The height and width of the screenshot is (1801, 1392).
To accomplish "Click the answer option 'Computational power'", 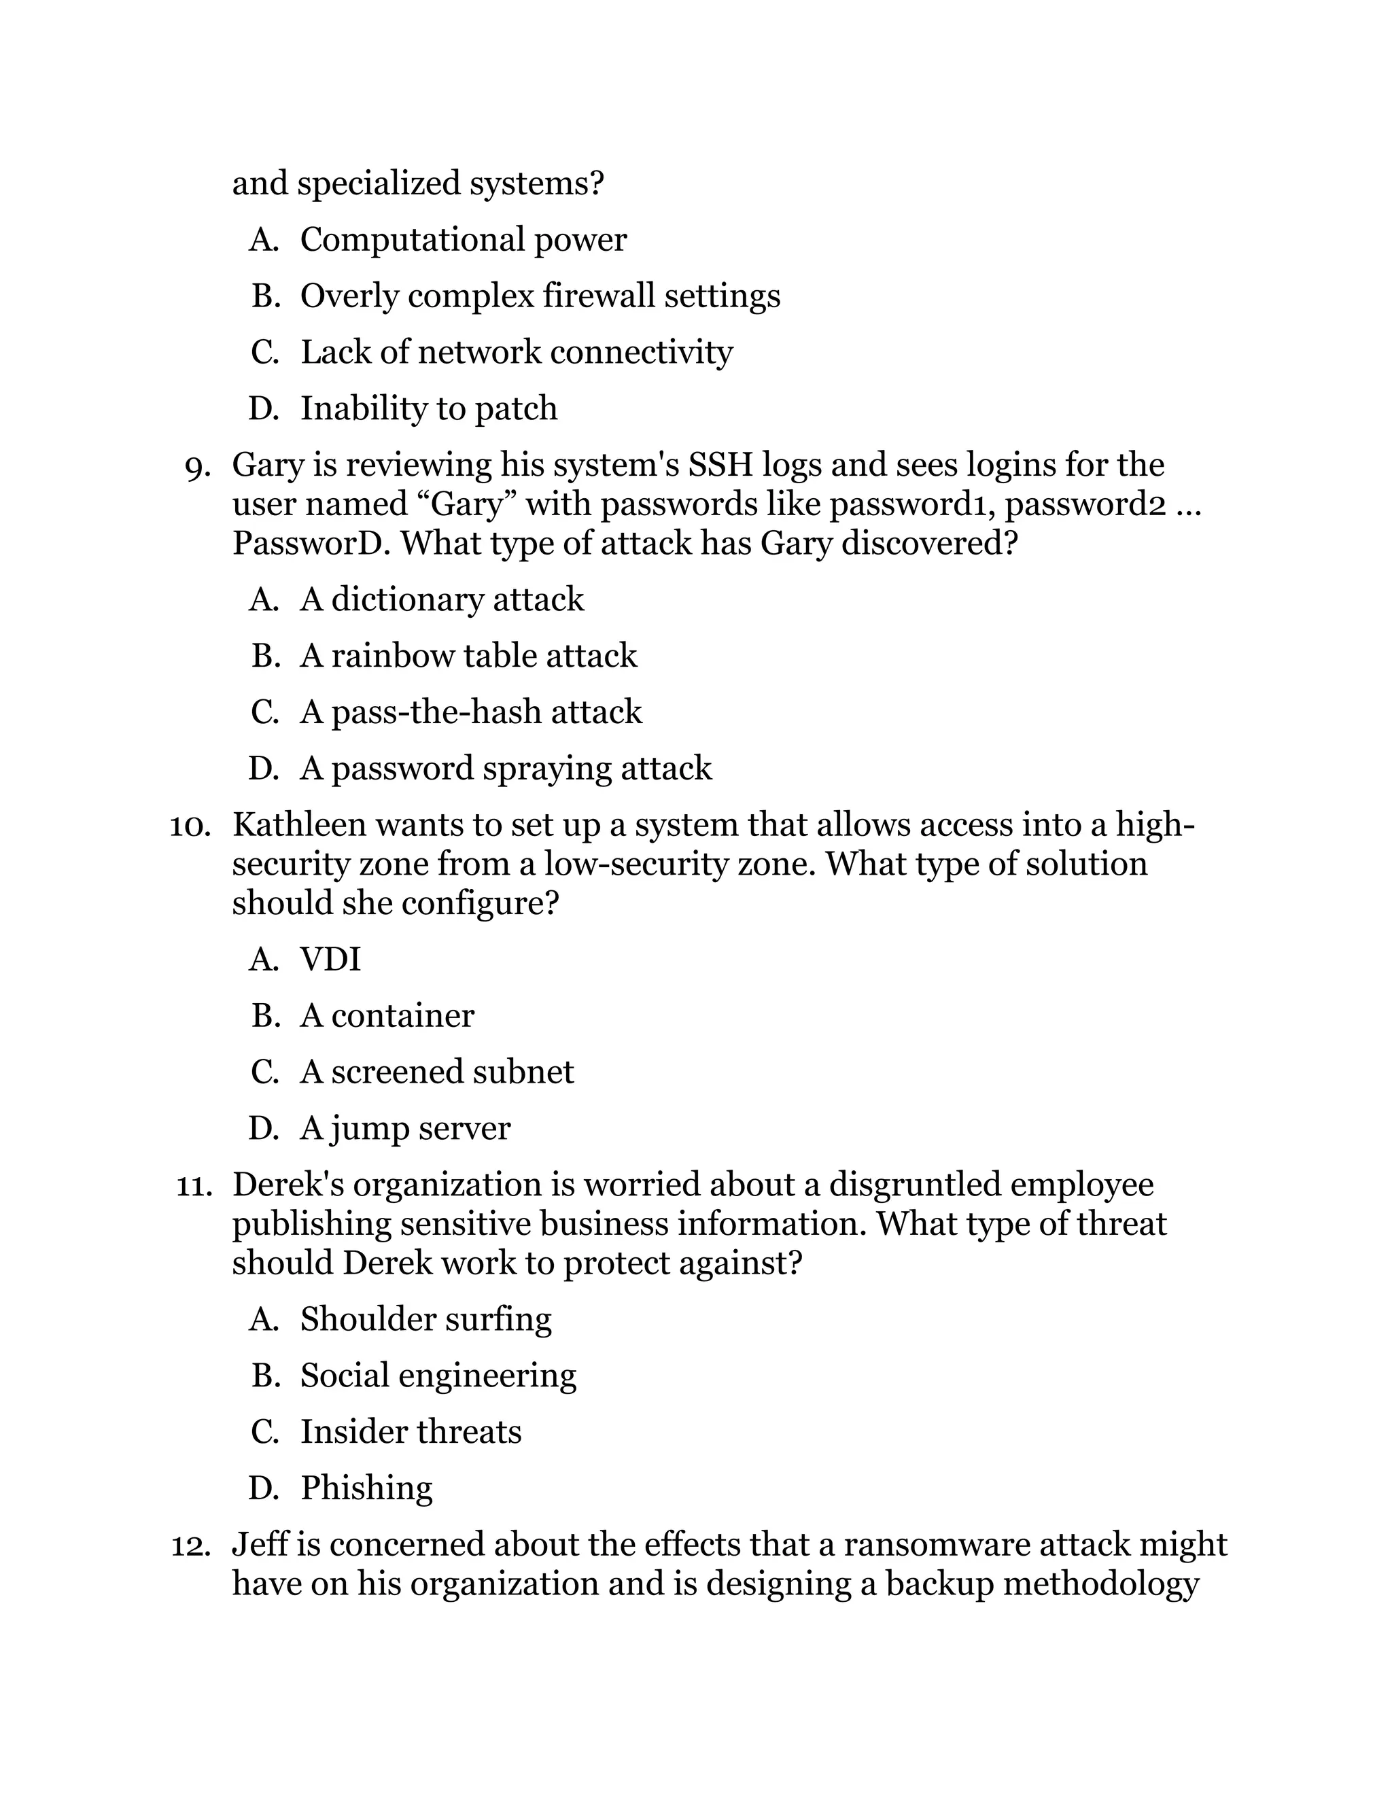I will [463, 240].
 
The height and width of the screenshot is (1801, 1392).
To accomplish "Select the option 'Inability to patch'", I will [428, 409].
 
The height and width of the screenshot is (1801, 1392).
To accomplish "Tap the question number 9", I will [198, 467].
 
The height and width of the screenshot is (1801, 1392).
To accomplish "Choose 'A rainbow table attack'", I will [468, 657].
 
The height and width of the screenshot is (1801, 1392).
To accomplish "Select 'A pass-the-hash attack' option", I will [470, 712].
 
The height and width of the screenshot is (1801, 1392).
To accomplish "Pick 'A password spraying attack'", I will [505, 769].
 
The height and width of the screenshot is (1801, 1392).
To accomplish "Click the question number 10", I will [190, 826].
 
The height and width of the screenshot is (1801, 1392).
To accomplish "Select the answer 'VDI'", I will [330, 960].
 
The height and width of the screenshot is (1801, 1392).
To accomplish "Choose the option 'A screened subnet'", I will [436, 1072].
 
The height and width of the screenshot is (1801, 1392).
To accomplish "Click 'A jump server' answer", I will [404, 1128].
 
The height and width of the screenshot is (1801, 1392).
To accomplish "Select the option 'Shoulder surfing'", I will [425, 1319].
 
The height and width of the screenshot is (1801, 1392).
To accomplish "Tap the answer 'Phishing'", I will [366, 1488].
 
